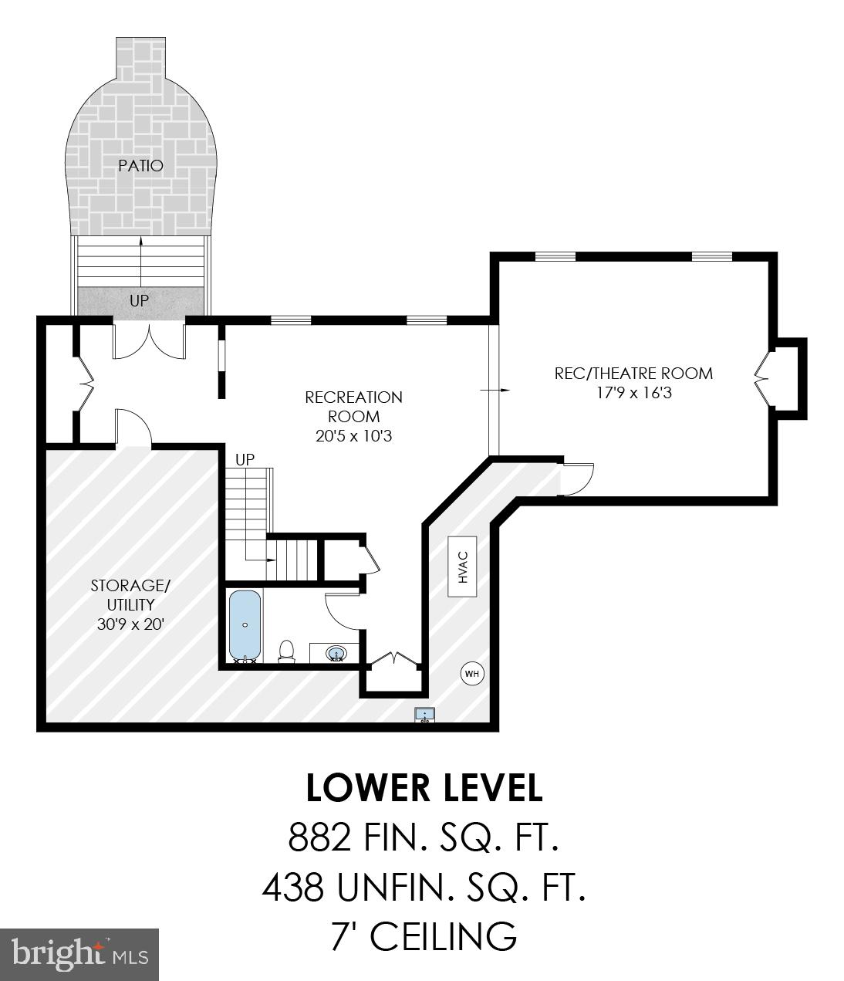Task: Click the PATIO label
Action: tap(140, 165)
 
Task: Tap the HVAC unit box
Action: tap(464, 567)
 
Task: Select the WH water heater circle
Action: tap(472, 674)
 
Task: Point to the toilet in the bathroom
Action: tap(286, 651)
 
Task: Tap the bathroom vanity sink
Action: tap(336, 654)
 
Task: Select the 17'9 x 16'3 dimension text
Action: tap(633, 392)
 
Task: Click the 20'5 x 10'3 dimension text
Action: tap(353, 435)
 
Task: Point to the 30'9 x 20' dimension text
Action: tap(131, 624)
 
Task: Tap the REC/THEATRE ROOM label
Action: tap(633, 374)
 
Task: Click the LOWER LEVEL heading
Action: tap(424, 788)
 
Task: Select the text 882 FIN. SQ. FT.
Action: tap(423, 837)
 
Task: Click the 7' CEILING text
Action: tap(423, 936)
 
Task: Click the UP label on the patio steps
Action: tap(139, 300)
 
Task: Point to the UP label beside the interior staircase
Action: tap(245, 459)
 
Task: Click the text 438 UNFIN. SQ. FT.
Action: tap(424, 888)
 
